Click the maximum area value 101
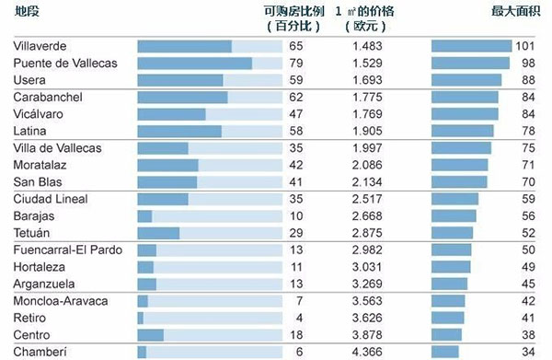point(524,46)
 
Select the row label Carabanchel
point(48,97)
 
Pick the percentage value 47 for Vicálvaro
point(295,114)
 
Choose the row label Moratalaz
point(40,165)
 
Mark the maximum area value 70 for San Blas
point(526,181)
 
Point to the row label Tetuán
point(32,233)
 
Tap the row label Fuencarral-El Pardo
point(63,250)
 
